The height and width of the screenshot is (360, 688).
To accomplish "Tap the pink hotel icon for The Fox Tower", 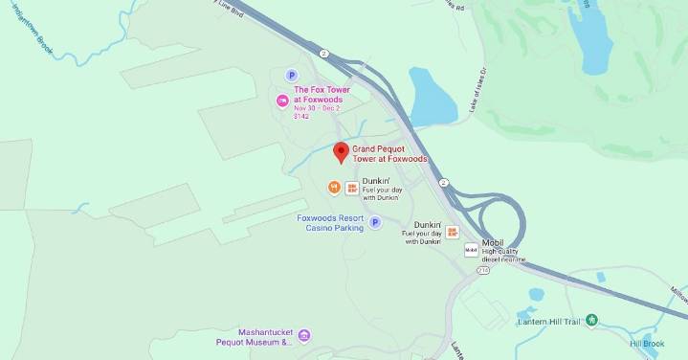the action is (x=282, y=101).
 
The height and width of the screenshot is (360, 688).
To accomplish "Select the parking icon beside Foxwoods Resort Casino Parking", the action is (x=375, y=222).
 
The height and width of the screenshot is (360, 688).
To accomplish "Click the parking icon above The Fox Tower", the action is (x=292, y=76).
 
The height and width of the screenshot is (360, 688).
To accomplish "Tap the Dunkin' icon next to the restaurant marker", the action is (x=351, y=189).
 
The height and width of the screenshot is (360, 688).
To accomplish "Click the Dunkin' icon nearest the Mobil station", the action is (x=452, y=233).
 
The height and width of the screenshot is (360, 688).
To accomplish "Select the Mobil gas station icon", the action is (x=470, y=249).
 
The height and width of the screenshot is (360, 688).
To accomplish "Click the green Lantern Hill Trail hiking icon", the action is (x=592, y=321).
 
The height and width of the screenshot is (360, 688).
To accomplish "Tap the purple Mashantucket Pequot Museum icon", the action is (x=304, y=334).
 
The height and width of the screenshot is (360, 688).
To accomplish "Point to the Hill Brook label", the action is (x=647, y=343).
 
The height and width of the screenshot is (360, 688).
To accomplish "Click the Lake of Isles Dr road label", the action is (x=478, y=92).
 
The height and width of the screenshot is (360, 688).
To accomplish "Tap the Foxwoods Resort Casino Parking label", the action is (x=330, y=223).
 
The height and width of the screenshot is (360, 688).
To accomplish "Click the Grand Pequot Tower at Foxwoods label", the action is (x=389, y=154).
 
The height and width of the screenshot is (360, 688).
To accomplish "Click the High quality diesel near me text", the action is (x=503, y=255).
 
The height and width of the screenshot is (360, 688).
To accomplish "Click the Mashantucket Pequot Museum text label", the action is (x=259, y=336).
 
